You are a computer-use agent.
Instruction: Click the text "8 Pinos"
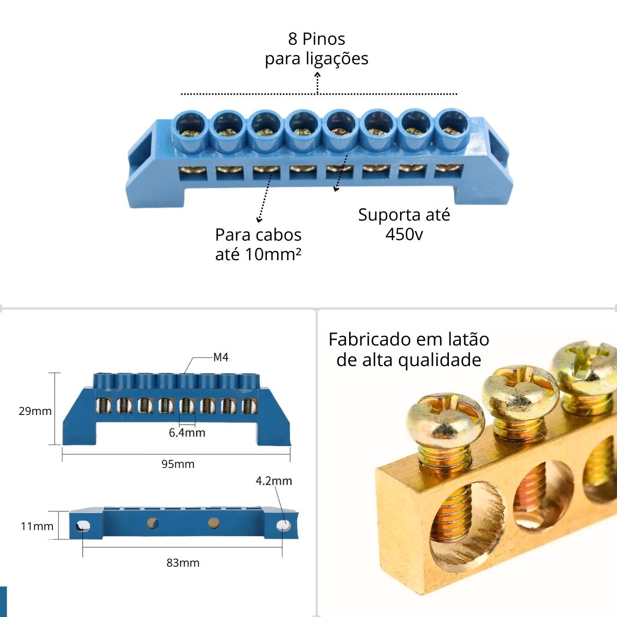coord(316,39)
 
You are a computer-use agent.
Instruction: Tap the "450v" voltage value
coord(404,234)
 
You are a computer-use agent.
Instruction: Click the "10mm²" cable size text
coord(273,255)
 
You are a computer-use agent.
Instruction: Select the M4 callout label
coord(221,357)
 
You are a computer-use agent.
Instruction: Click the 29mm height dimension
coord(35,411)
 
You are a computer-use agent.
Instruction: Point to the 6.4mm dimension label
coord(187,432)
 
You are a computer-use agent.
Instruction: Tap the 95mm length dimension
coord(178,464)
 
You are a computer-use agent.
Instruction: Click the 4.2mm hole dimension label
coord(274,481)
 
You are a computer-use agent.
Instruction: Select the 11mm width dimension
coord(37,526)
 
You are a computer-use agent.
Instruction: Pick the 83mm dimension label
coord(183,562)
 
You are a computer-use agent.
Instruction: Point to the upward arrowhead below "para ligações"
coord(317,75)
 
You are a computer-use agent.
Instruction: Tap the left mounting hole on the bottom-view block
coord(83,526)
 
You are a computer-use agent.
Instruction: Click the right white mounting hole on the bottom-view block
coord(284,525)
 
